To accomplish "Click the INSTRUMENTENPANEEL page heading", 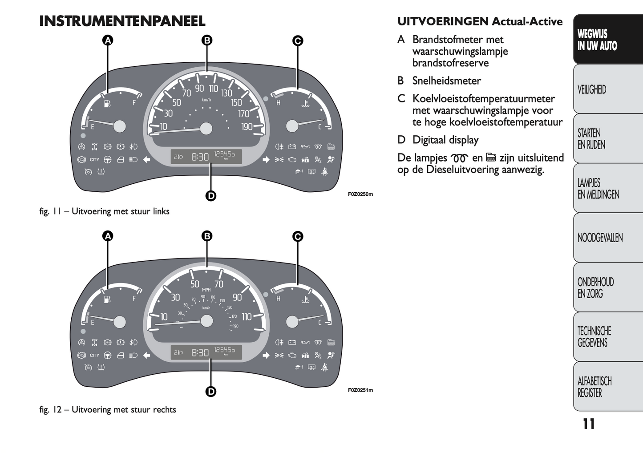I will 122,21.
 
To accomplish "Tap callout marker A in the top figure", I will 108,40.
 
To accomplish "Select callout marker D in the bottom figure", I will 211,392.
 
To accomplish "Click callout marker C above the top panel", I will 298,41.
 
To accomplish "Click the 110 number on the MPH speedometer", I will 247,317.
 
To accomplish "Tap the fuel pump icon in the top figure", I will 107,104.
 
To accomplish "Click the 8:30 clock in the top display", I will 200,157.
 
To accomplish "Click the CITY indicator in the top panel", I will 94,160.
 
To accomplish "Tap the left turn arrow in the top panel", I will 146,160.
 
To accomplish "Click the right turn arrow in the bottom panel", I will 266,356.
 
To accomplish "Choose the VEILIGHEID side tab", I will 592,89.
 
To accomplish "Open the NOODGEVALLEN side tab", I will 600,238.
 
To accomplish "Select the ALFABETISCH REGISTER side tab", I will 594,387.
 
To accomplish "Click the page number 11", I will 589,424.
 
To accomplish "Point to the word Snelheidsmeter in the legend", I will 446,81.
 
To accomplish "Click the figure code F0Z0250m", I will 360,194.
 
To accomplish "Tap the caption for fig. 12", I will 108,409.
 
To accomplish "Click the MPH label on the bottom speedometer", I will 206,290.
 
